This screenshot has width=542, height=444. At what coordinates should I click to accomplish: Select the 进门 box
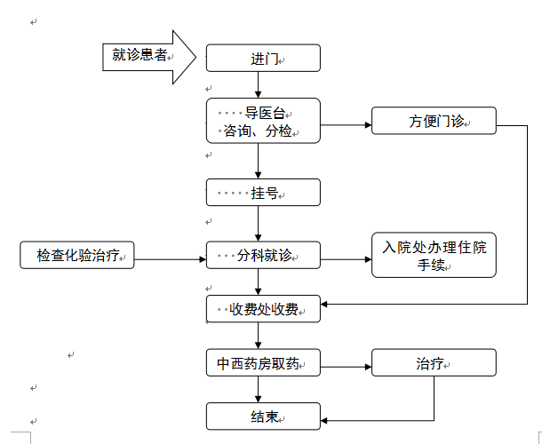point(262,59)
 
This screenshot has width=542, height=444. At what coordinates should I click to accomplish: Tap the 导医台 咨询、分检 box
point(262,121)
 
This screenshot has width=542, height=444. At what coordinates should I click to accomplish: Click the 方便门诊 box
point(434,121)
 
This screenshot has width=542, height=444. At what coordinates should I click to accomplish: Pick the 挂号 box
point(262,192)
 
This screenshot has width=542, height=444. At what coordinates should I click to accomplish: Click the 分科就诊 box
point(262,256)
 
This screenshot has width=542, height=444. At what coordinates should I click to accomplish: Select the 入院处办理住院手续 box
point(434,256)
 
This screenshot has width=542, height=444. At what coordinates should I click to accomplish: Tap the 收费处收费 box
point(262,309)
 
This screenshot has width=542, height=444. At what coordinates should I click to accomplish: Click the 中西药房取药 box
point(262,364)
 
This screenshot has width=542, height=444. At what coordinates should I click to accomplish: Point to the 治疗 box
point(434,364)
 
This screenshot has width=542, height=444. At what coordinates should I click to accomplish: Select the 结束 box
point(262,416)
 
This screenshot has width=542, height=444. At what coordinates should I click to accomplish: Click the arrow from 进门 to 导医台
point(259,84)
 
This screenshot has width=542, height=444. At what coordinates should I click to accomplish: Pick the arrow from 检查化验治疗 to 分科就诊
point(169,259)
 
